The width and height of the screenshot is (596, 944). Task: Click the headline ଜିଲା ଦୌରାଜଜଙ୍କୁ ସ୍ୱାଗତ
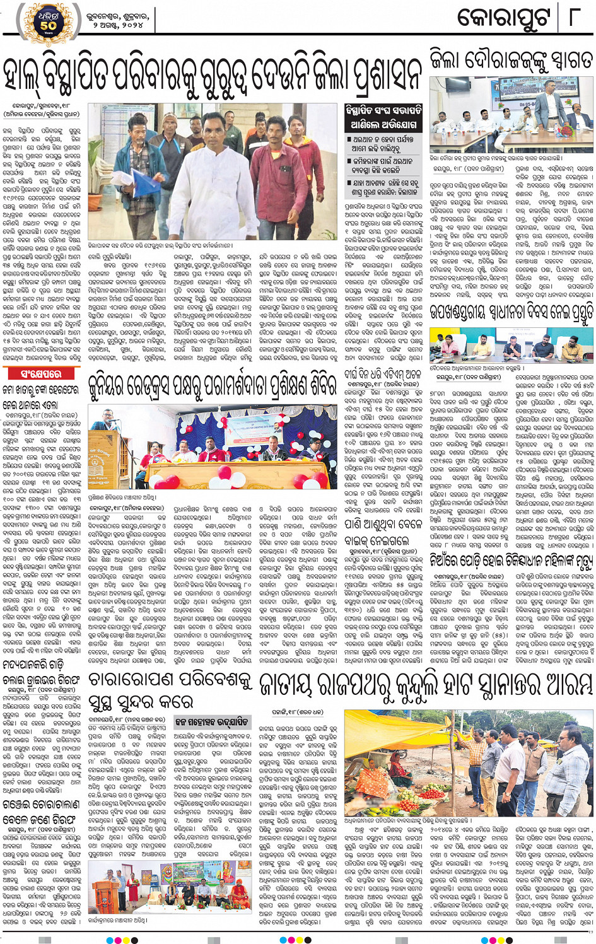(x=511, y=60)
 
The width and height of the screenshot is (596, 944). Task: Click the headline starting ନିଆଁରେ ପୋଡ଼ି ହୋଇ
(x=511, y=559)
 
